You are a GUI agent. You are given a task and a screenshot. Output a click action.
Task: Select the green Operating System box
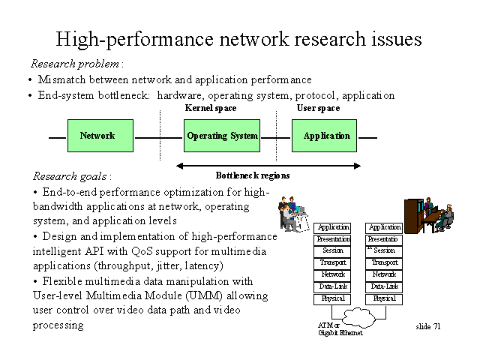coord(221,136)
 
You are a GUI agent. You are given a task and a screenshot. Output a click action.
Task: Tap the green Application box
coord(326,136)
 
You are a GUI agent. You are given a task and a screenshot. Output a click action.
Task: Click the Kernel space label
coord(211,108)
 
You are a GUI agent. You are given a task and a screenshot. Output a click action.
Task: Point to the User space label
coord(318,108)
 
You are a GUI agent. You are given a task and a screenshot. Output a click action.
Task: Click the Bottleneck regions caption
coord(253,175)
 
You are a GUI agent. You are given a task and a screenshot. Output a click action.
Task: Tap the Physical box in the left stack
coord(333,298)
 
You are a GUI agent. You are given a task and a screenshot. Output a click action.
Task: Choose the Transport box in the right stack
coord(385,262)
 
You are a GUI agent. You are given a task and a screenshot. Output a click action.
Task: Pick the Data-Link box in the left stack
coord(333,286)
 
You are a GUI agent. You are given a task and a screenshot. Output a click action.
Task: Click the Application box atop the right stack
coord(385,226)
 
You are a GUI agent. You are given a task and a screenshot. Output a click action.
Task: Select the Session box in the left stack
coord(333,250)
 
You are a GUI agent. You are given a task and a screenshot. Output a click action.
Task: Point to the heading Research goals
coord(71,176)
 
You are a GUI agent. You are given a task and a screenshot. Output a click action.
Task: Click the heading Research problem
coord(76,64)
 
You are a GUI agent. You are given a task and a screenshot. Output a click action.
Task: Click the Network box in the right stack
coord(385,274)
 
